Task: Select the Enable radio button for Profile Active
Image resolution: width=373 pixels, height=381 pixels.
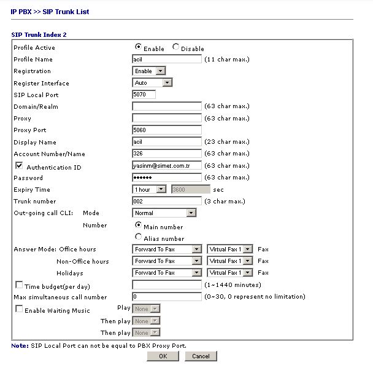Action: [x=139, y=47]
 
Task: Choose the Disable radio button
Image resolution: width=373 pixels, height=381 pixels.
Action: [x=177, y=47]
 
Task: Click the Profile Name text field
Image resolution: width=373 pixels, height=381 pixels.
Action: [x=167, y=60]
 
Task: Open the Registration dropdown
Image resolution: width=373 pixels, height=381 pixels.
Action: [x=149, y=71]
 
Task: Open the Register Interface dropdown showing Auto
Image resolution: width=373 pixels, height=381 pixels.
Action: [x=152, y=83]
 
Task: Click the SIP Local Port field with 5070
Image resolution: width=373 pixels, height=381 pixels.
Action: [x=144, y=95]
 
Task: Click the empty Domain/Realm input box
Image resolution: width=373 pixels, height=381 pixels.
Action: [x=167, y=106]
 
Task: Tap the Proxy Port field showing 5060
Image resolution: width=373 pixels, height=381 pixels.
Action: [x=167, y=130]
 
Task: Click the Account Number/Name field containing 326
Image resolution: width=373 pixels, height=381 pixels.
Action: [x=167, y=154]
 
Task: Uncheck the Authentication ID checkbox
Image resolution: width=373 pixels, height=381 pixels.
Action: [x=20, y=166]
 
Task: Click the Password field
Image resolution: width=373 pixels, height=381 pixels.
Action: [x=167, y=178]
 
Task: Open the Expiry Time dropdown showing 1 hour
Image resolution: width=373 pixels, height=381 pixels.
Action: [x=149, y=190]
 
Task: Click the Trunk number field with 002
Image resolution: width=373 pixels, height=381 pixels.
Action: [x=167, y=202]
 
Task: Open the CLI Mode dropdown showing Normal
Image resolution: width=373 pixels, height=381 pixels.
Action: [x=164, y=213]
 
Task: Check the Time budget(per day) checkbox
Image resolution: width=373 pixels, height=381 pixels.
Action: [x=20, y=285]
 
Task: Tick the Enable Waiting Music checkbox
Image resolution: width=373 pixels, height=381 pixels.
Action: [x=20, y=309]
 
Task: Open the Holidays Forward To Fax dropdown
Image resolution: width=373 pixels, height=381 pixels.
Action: [x=167, y=273]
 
